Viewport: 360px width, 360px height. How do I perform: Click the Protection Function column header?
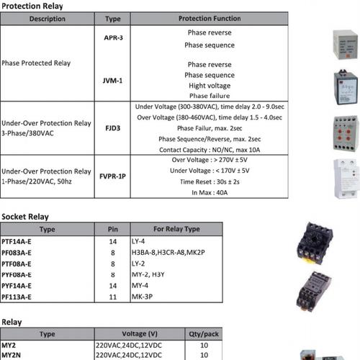coord(209,19)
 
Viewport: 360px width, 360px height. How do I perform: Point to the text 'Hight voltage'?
coord(209,85)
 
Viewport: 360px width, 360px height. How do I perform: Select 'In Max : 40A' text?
coord(209,194)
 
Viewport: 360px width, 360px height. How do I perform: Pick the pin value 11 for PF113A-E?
coord(112,296)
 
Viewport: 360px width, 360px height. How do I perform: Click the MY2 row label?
coord(9,345)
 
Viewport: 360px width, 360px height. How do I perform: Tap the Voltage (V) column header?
coord(137,334)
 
